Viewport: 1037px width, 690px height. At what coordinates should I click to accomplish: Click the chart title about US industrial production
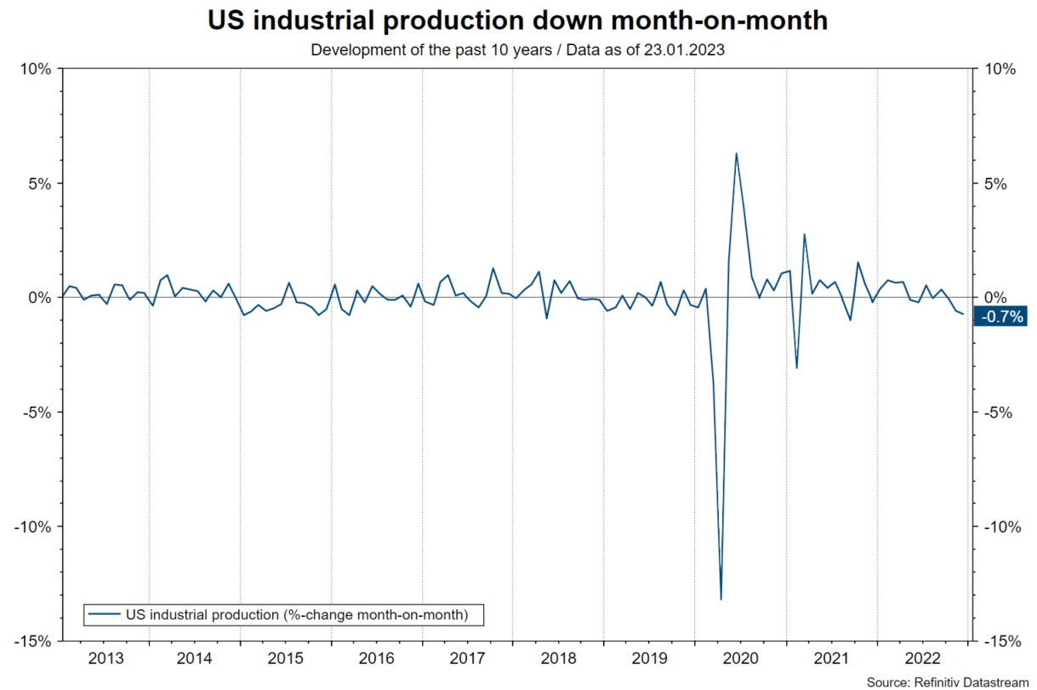click(x=518, y=21)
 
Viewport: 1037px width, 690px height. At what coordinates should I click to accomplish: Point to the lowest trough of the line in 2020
click(x=721, y=599)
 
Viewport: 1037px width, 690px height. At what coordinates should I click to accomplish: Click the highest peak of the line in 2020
click(x=736, y=154)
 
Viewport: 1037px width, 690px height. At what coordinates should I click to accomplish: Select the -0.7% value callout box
click(x=1004, y=316)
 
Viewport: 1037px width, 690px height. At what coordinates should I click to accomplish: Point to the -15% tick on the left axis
click(x=31, y=641)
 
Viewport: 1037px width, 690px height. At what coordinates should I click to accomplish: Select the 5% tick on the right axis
click(x=999, y=184)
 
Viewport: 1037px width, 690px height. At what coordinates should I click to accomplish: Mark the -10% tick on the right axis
click(x=1002, y=527)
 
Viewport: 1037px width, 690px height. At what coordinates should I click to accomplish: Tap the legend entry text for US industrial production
click(x=295, y=614)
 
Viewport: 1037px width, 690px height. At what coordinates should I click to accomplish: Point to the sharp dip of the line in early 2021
click(x=797, y=368)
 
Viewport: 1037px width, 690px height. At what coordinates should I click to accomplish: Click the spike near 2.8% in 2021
click(x=804, y=235)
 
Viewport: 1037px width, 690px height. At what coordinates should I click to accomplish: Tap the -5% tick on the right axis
click(x=1000, y=413)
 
